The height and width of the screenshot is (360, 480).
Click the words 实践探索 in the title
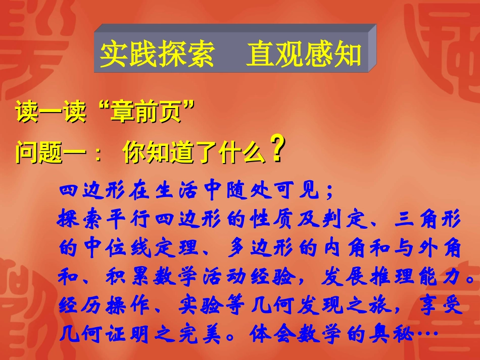tap(157, 55)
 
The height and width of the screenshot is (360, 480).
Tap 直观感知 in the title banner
tap(304, 55)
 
